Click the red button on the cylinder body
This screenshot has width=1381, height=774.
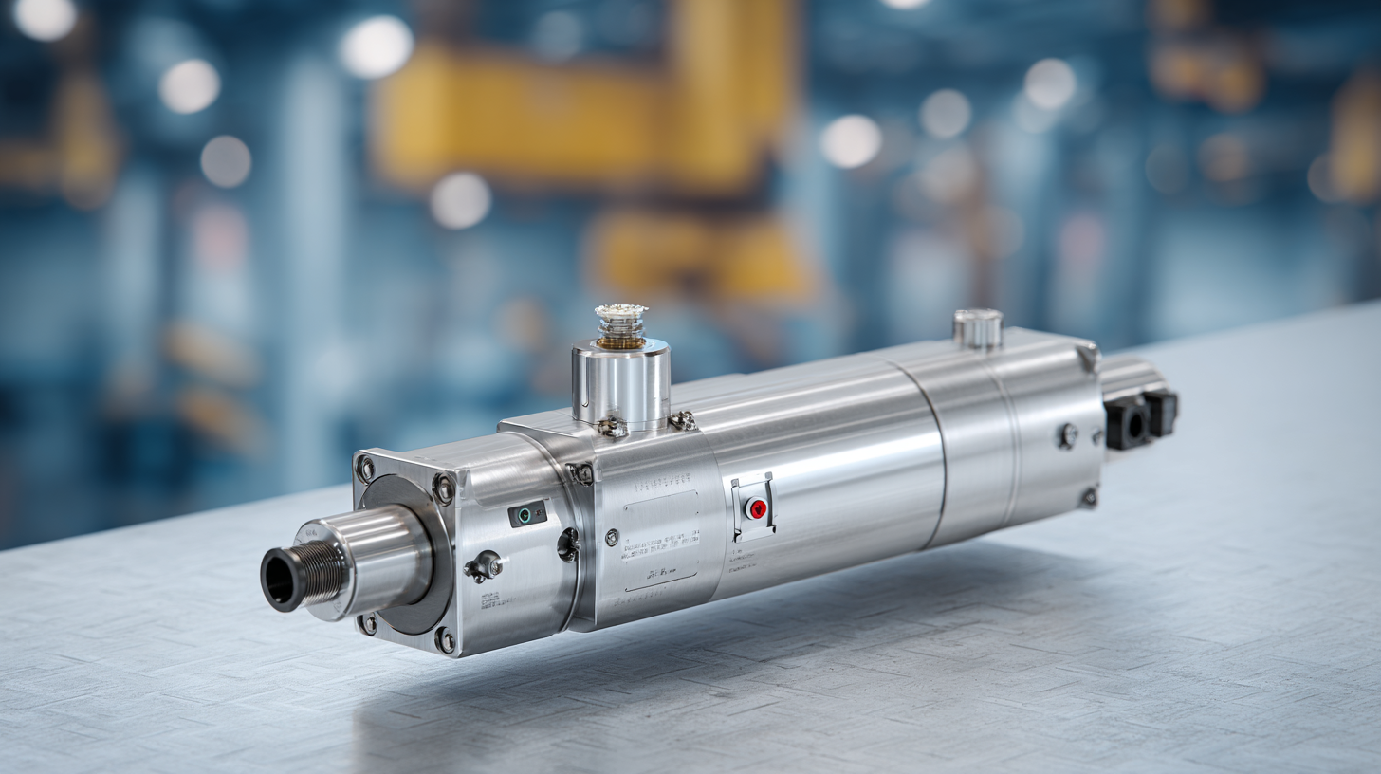pyautogui.click(x=757, y=509)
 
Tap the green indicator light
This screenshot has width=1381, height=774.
pyautogui.click(x=524, y=515)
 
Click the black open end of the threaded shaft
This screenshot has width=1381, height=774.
pyautogui.click(x=278, y=579)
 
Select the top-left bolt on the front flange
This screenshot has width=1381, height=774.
pyautogui.click(x=365, y=469)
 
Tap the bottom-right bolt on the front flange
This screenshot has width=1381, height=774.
pyautogui.click(x=444, y=640)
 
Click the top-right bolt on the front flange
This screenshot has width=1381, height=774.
pyautogui.click(x=443, y=488)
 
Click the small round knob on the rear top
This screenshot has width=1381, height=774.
pyautogui.click(x=978, y=327)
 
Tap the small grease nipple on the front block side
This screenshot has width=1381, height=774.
pyautogui.click(x=484, y=567)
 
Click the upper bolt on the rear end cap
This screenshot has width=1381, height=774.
pyautogui.click(x=1068, y=435)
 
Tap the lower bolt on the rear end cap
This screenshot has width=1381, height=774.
pyautogui.click(x=1088, y=497)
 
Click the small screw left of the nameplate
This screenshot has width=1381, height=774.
pyautogui.click(x=612, y=538)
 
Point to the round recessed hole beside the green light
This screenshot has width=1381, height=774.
pyautogui.click(x=568, y=544)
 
